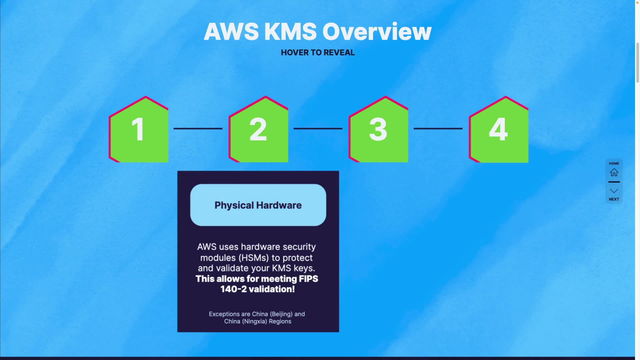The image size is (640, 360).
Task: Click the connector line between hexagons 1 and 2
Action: click(x=198, y=128)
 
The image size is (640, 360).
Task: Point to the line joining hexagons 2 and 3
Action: click(x=318, y=128)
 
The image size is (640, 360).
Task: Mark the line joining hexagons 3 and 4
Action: click(x=438, y=128)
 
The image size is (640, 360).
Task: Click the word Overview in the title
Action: click(x=377, y=32)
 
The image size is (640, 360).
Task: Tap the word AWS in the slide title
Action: click(x=231, y=32)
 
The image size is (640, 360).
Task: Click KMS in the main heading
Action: click(x=290, y=32)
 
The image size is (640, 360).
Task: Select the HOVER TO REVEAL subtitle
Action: click(x=318, y=53)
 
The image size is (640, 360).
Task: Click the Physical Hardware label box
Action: click(x=258, y=205)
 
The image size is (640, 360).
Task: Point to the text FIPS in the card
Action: click(x=308, y=279)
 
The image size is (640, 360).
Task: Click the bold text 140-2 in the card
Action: click(x=233, y=289)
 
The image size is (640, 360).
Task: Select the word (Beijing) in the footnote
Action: click(x=281, y=314)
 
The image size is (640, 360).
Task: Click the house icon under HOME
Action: click(x=614, y=172)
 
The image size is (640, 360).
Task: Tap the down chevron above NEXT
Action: click(x=614, y=191)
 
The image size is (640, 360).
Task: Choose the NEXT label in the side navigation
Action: click(x=614, y=199)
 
